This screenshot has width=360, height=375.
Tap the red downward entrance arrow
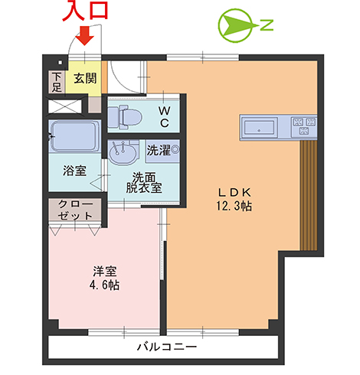pos(85,35)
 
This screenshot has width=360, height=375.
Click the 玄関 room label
pos(85,77)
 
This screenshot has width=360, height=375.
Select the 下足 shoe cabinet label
pos(57,81)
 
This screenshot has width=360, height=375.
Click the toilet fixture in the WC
pos(124,117)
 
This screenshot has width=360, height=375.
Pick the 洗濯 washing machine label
pos(159,148)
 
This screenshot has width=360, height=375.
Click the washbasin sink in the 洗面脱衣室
pos(122,153)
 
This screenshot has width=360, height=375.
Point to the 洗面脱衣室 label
pos(144,183)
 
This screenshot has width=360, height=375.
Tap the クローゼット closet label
pos(74,211)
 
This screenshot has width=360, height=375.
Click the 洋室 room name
pos(105,271)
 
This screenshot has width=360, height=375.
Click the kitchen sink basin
pos(261,124)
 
